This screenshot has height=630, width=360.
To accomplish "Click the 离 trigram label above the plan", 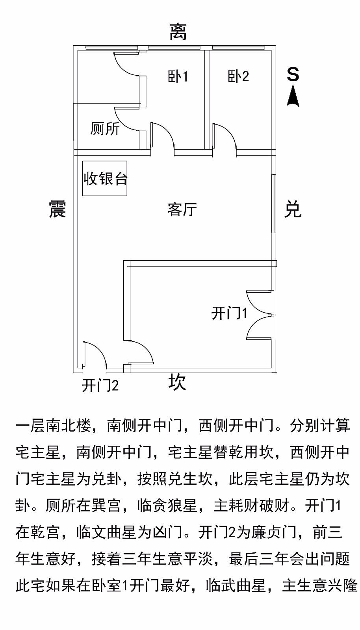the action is point(178,32).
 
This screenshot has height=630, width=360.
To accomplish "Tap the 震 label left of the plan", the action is point(58,209).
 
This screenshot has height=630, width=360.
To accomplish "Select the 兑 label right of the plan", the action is point(293,209).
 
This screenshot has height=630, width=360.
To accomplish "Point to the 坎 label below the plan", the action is point(177,382).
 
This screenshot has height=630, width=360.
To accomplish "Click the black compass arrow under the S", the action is point(293,96).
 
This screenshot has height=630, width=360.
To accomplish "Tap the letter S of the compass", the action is point(293,74).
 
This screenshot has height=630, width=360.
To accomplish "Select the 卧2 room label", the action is point(238,76).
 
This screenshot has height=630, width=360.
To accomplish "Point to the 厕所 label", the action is point(105,129).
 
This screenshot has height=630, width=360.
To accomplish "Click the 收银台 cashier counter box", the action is point(105,178).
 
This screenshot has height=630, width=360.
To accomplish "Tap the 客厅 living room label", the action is point(182,209).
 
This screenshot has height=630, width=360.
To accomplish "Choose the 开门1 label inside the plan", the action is point(229,313).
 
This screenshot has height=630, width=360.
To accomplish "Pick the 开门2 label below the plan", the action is point(100,385).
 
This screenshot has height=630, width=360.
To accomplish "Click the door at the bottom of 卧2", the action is point(225,137).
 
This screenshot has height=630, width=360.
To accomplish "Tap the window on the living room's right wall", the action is point(273,203).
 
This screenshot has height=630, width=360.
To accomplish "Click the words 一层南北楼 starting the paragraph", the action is point(54,426).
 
